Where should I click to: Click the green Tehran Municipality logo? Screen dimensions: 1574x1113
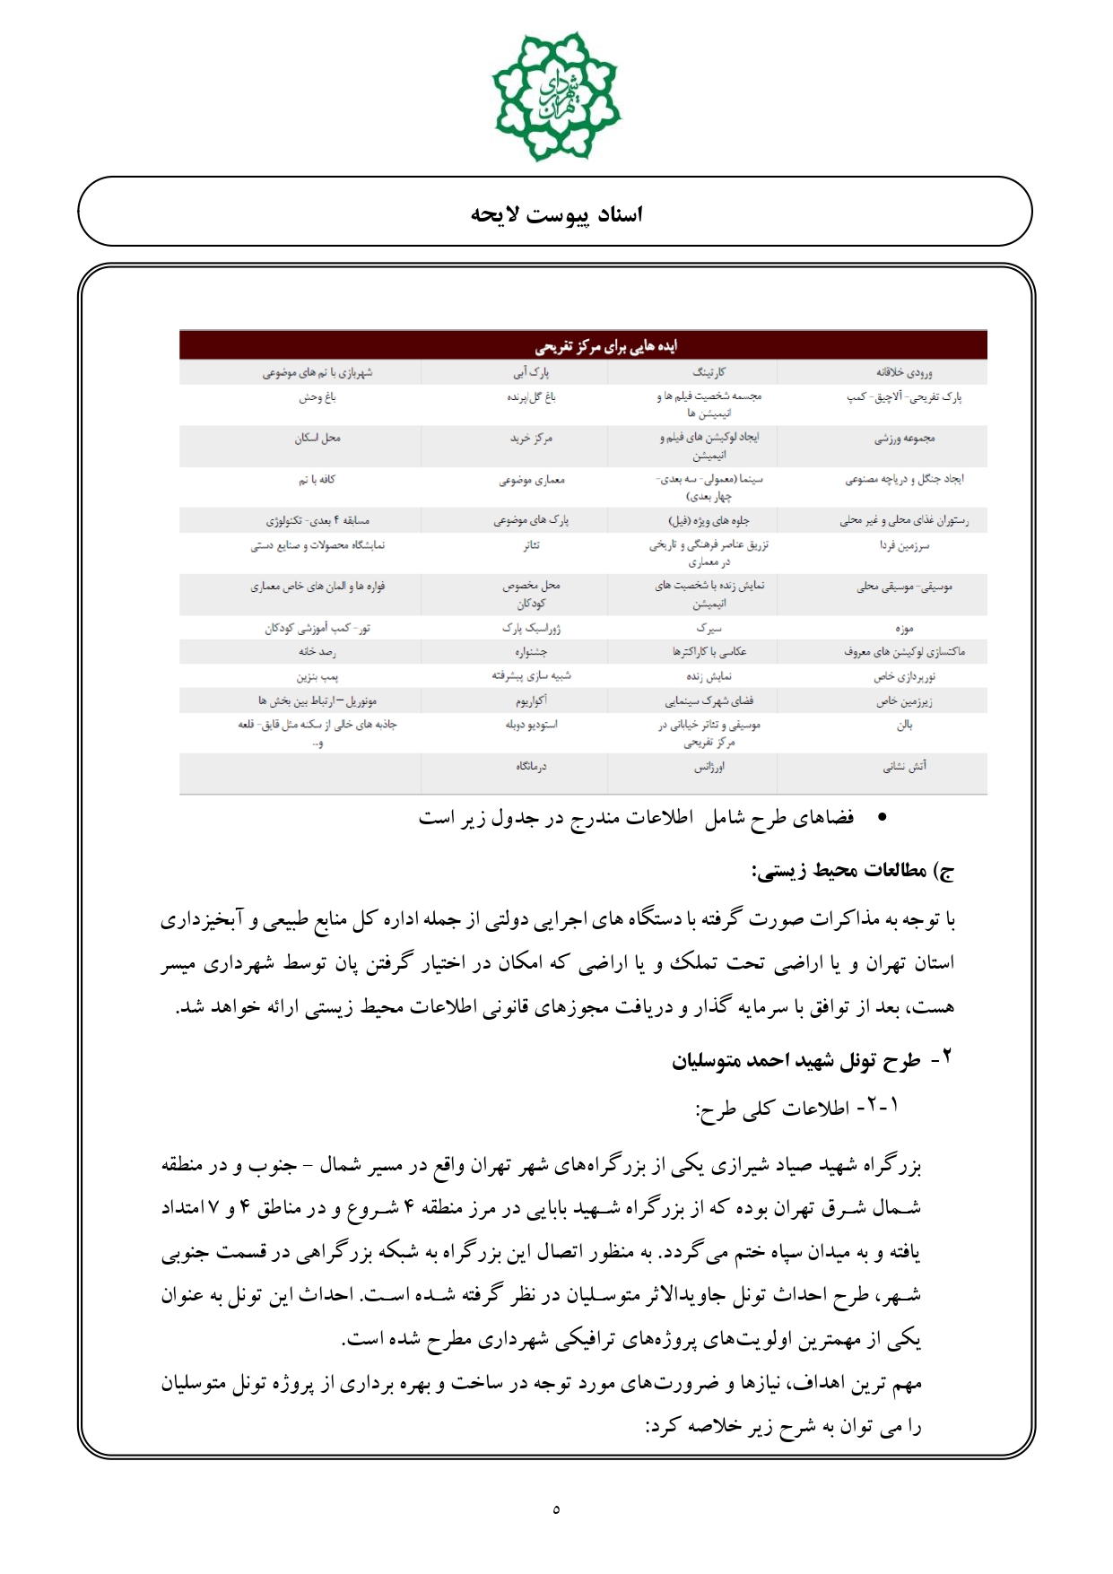(556, 96)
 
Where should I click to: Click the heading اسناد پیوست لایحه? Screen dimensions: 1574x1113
(557, 214)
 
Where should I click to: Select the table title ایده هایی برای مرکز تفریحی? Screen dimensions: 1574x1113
(606, 346)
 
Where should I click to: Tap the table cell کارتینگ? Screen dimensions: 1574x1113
(709, 372)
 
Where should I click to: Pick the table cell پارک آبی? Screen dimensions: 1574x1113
(531, 372)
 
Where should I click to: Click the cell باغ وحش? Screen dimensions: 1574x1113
(317, 396)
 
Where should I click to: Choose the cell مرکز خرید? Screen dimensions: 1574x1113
(531, 439)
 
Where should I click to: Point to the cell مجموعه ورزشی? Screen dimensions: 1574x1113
(904, 439)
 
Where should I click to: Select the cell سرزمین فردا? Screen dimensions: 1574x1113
(904, 545)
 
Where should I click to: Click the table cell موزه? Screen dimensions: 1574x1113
(904, 629)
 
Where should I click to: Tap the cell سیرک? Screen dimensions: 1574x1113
(709, 629)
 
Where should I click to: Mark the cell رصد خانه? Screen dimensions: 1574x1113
(317, 652)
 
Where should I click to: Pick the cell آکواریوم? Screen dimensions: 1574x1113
(531, 700)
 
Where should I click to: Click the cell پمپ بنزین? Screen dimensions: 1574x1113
(317, 676)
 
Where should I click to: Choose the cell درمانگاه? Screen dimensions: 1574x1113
(531, 767)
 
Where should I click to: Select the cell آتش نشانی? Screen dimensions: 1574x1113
(904, 767)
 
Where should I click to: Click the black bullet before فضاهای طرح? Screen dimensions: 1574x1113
(882, 817)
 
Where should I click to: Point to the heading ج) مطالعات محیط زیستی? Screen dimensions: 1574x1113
(852, 870)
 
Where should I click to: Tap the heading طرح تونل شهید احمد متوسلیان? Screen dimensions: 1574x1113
(796, 1061)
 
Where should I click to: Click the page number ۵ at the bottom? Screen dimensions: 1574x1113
(556, 1509)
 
